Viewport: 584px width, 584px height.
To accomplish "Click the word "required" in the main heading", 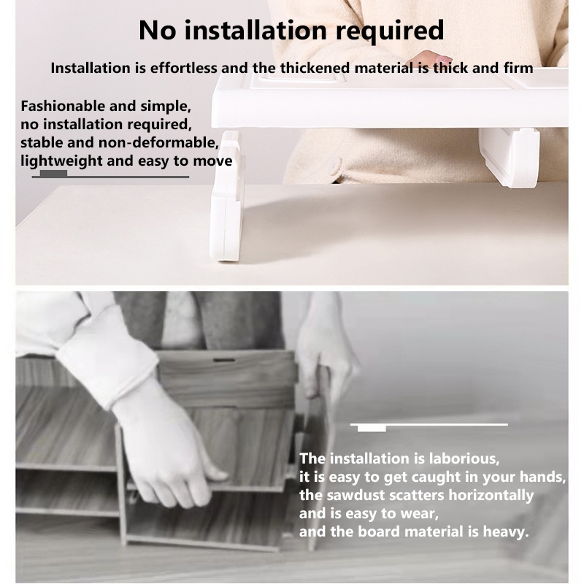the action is click(390, 31).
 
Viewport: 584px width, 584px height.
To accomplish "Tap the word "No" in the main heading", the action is click(157, 30).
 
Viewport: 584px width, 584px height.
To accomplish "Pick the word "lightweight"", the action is click(61, 161).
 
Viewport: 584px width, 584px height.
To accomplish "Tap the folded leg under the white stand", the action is click(509, 156).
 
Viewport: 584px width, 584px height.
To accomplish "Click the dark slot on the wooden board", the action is click(224, 360).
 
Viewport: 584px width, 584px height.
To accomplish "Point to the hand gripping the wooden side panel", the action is click(324, 361).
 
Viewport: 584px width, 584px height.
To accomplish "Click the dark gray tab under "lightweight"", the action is click(53, 174).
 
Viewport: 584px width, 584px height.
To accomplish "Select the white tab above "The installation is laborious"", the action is click(372, 429).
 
